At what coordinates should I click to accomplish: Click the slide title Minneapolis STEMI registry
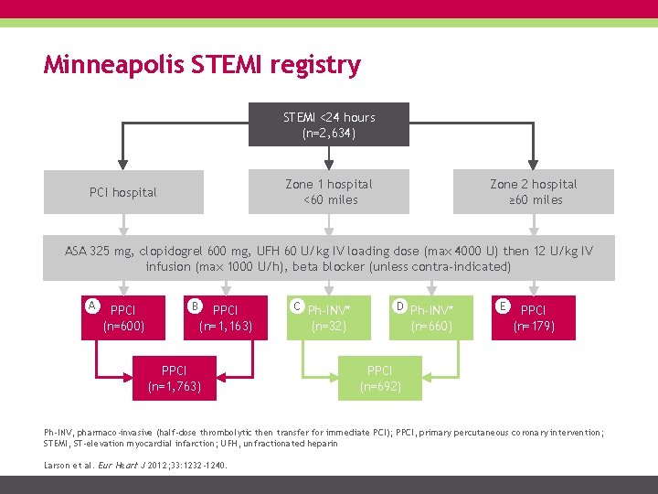pos(202,65)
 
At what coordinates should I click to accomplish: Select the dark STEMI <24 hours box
pos(329,124)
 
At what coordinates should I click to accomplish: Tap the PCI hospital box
pos(122,192)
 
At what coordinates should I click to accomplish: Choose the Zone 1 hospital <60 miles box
pos(329,192)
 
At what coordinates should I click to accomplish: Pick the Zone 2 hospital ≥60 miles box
pos(533,192)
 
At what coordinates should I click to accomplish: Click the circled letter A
pos(91,304)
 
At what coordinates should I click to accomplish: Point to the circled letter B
pos(194,304)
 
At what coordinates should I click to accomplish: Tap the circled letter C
pos(296,304)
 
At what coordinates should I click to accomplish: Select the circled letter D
pos(399,304)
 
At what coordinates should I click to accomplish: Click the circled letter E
pos(502,304)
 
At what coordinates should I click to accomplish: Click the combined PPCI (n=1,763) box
pos(175,378)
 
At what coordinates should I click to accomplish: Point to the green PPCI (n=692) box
pos(379,378)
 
